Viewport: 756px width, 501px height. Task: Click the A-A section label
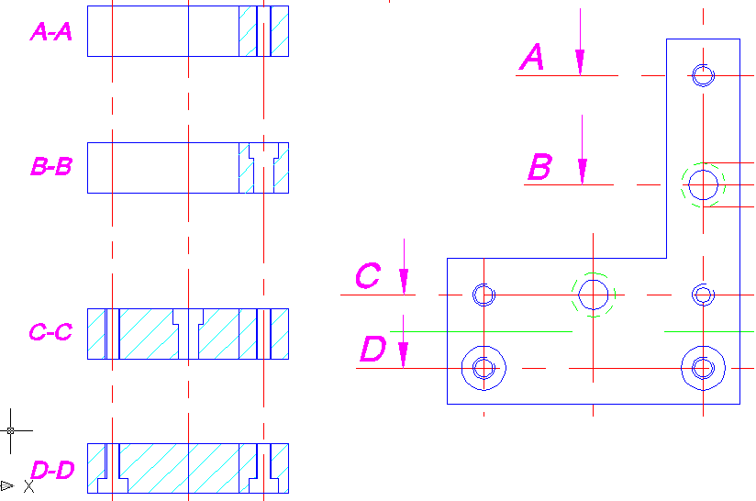pos(51,33)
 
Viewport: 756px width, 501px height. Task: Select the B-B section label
pos(51,168)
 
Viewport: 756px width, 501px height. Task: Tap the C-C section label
pos(51,332)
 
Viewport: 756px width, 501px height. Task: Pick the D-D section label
pos(51,471)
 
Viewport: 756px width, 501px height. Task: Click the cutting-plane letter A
pos(533,59)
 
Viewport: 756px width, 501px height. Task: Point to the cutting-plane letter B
pos(539,168)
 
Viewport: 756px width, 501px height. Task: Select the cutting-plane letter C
pos(368,276)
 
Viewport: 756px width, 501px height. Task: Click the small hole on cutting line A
pos(704,74)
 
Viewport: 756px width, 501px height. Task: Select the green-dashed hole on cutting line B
pos(704,184)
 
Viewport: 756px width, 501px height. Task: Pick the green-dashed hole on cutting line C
pos(594,295)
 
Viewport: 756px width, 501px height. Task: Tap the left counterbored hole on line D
pos(484,368)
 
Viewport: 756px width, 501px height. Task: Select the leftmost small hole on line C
pos(484,295)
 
